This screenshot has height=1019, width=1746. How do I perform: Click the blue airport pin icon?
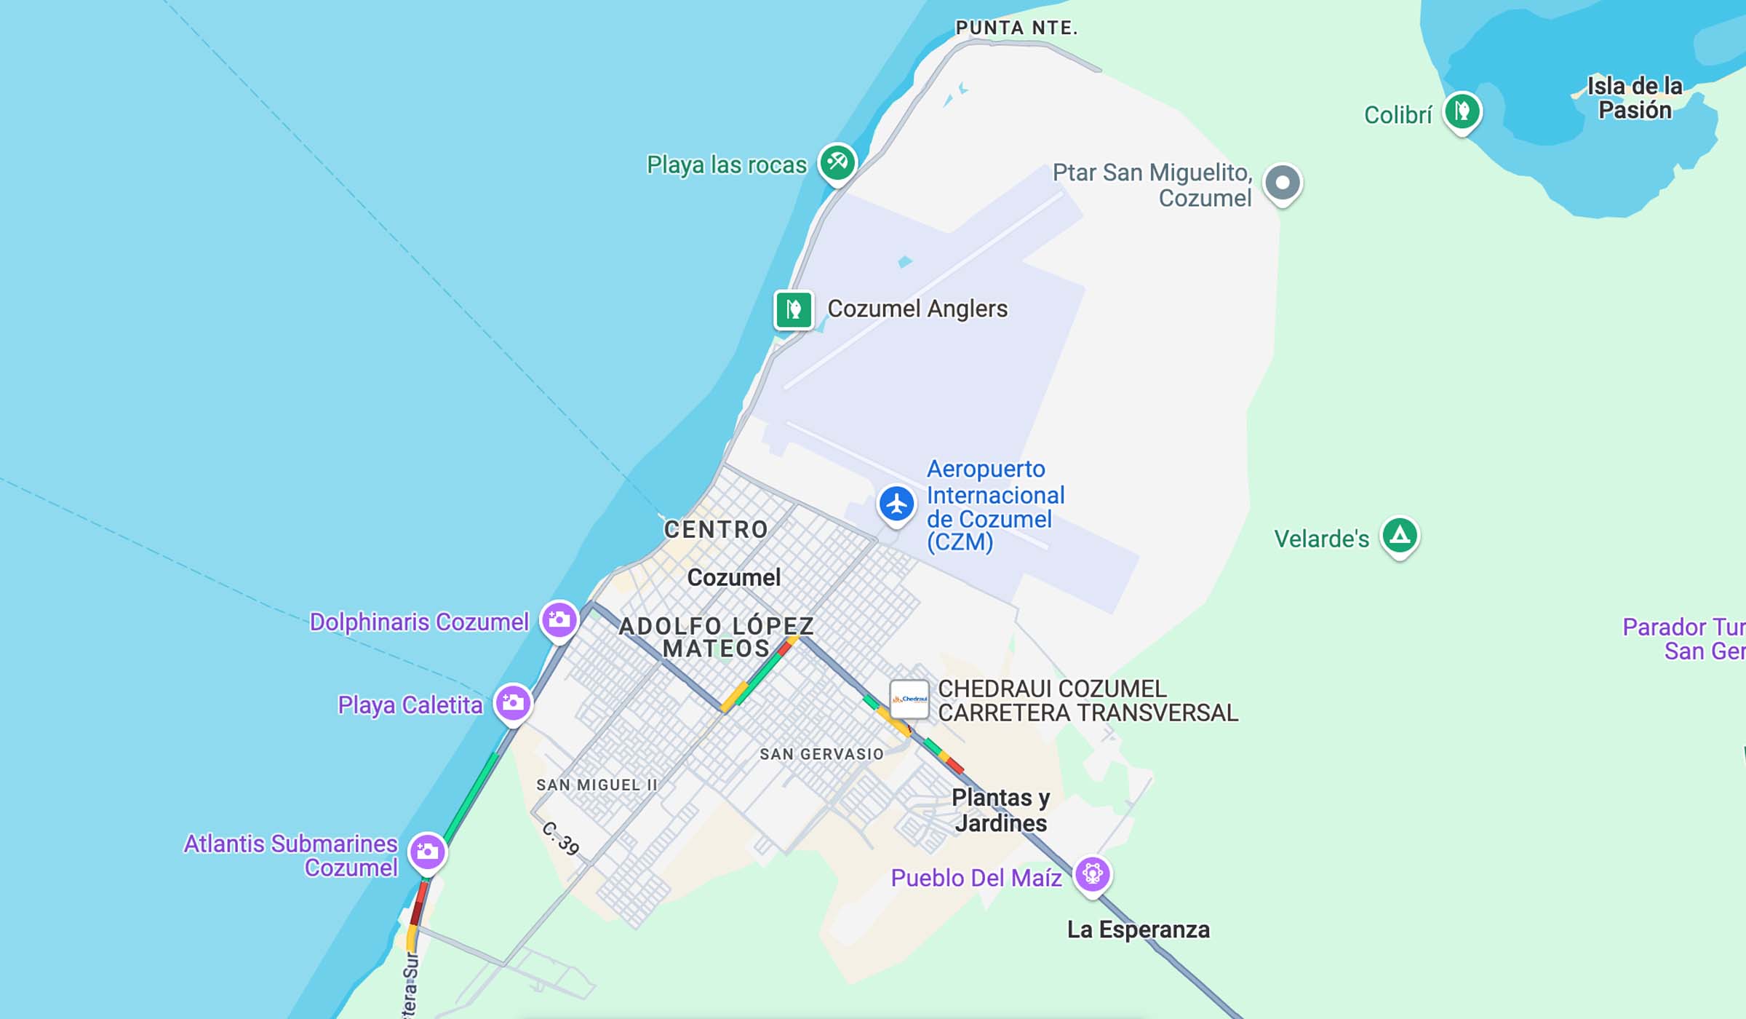click(x=896, y=504)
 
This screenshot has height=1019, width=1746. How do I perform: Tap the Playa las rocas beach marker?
click(x=837, y=162)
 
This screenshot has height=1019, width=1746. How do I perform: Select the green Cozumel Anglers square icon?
click(x=793, y=310)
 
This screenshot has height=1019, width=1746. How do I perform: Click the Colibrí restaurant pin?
click(x=1462, y=112)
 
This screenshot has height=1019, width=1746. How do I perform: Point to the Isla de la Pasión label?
click(x=1634, y=98)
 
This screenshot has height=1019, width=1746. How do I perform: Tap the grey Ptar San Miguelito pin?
click(x=1282, y=183)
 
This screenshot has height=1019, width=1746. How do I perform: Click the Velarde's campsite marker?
click(x=1400, y=536)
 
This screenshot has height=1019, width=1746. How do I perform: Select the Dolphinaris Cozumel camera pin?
click(x=559, y=620)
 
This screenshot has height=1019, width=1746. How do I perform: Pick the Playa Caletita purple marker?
click(x=513, y=703)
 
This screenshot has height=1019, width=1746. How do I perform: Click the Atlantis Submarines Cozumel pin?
click(x=427, y=852)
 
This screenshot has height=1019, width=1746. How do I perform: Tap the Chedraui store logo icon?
click(x=909, y=699)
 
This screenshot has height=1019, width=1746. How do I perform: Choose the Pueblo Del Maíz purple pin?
click(x=1092, y=873)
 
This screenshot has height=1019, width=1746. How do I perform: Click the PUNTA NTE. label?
click(x=1016, y=28)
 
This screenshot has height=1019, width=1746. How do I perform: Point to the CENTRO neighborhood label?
click(x=716, y=530)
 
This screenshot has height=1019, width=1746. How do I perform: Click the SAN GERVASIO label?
click(x=821, y=755)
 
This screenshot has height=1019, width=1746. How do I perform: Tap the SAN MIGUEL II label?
click(x=597, y=785)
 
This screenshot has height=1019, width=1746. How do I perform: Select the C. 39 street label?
click(x=561, y=838)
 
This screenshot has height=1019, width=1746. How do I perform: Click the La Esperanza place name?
click(x=1138, y=930)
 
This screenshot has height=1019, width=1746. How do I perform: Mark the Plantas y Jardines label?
click(x=1001, y=811)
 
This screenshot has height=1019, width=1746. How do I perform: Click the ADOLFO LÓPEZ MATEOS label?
click(x=716, y=638)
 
